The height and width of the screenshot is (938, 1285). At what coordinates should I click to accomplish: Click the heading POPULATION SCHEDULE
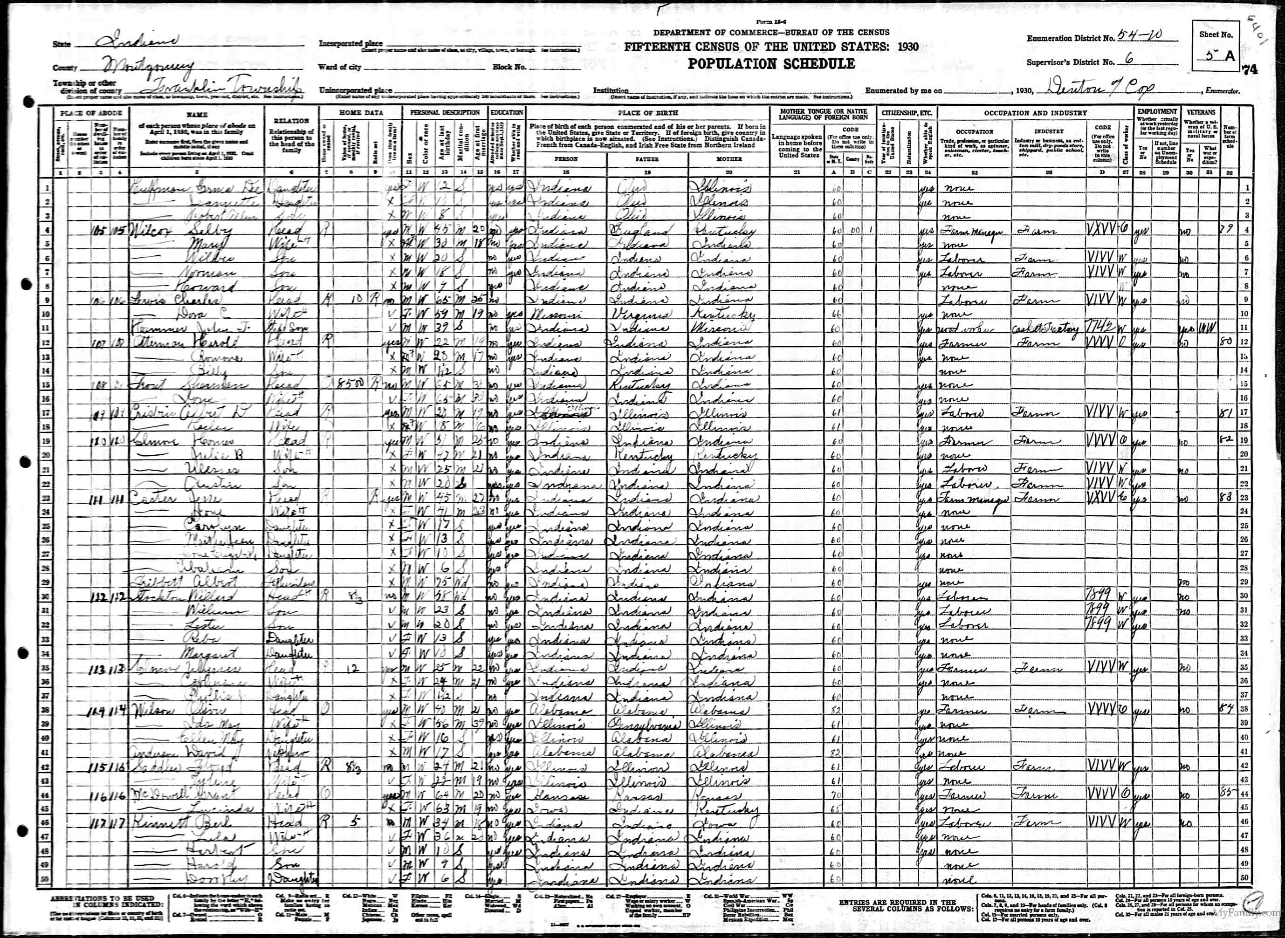(771, 63)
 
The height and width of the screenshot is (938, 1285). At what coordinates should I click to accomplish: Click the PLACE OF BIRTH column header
(647, 113)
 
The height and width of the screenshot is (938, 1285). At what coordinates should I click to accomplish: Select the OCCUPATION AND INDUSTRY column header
(1035, 113)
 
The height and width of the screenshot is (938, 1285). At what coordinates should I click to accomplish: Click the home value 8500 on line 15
(358, 383)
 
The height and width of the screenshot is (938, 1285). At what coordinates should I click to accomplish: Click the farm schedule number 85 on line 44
(1228, 793)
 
